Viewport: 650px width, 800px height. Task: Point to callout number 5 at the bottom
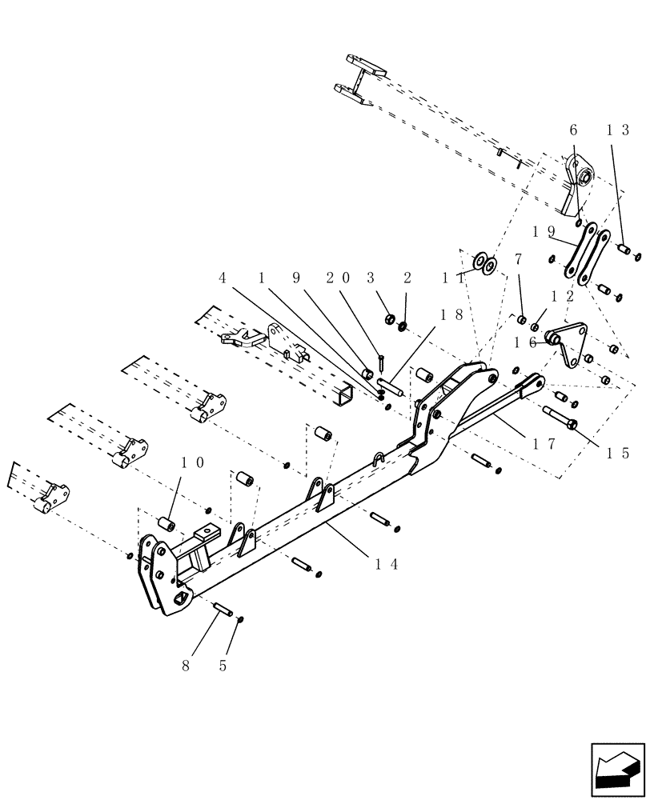pos(223,664)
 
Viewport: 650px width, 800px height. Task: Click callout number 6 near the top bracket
pos(572,130)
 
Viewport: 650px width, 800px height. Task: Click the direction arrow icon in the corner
pos(617,770)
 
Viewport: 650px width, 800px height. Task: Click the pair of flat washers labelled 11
pos(485,262)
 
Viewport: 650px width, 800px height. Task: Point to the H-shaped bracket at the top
pos(360,80)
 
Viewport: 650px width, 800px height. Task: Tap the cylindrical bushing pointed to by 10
pos(167,524)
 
